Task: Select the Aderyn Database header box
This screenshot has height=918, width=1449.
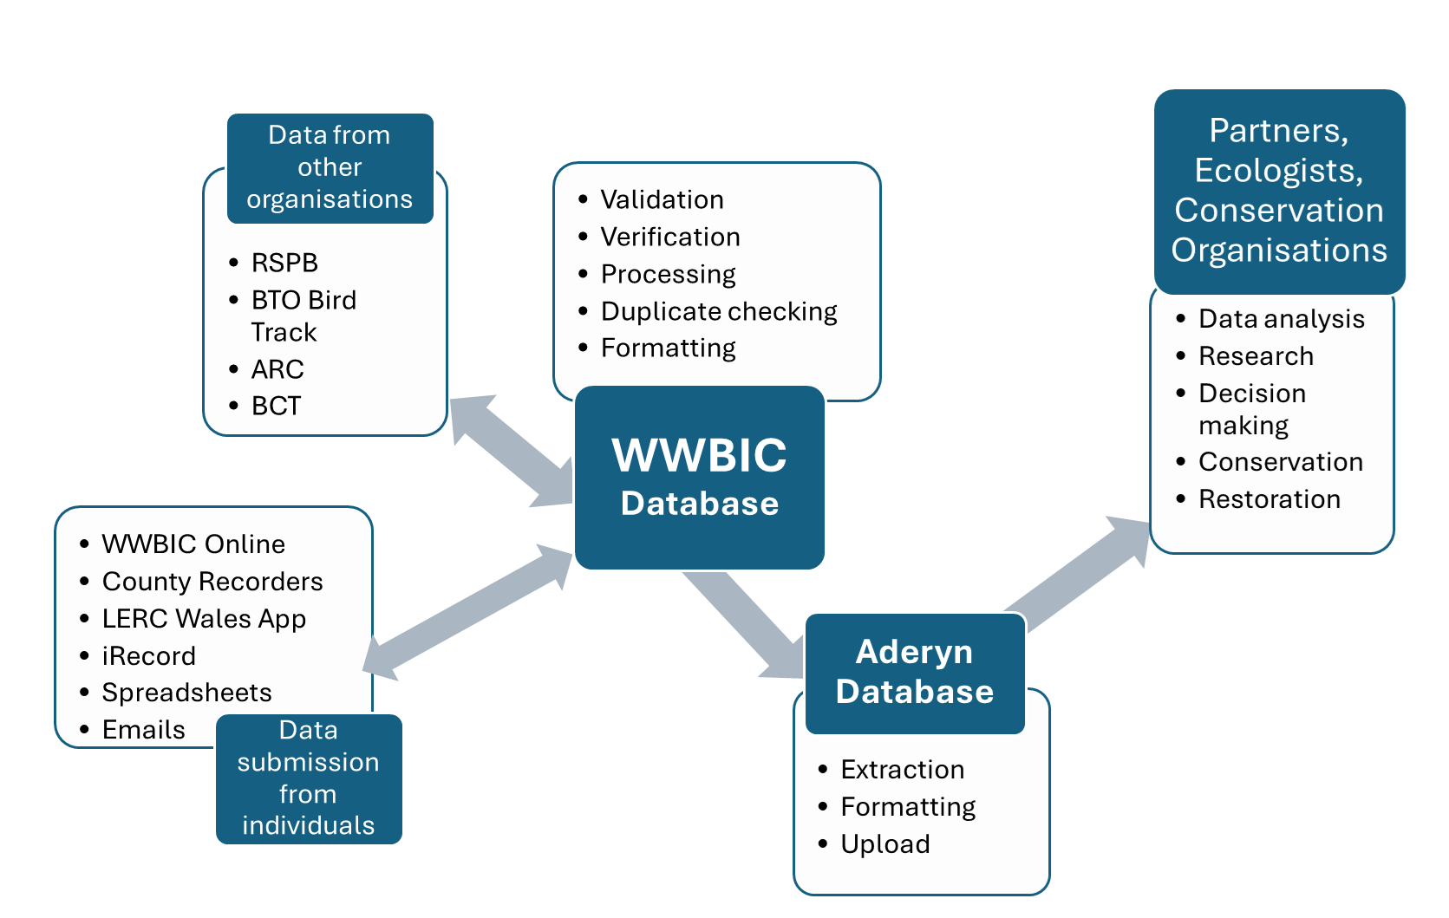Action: click(x=915, y=673)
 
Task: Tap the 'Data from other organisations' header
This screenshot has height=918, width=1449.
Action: click(x=330, y=167)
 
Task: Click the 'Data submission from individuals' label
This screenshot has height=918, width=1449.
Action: click(x=309, y=778)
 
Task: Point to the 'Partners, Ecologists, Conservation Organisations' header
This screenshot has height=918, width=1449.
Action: click(x=1279, y=191)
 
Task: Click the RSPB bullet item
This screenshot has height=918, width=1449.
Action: click(x=284, y=263)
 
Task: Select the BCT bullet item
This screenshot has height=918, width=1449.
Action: click(x=276, y=406)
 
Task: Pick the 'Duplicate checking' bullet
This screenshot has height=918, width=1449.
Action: click(x=719, y=311)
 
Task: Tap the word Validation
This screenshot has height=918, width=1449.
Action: click(x=662, y=199)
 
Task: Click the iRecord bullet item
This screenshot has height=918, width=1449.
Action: click(x=148, y=656)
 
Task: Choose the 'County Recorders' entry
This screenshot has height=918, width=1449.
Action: click(x=212, y=582)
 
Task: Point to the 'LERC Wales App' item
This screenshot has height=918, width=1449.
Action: click(x=204, y=619)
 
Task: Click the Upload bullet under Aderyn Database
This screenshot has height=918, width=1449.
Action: click(x=885, y=844)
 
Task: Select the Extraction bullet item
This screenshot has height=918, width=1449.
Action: click(x=903, y=770)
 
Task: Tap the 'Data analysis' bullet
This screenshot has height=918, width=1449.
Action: click(x=1282, y=319)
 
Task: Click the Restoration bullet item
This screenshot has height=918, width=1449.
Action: click(x=1270, y=499)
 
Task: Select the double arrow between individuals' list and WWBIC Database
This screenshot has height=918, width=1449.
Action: click(x=468, y=612)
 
